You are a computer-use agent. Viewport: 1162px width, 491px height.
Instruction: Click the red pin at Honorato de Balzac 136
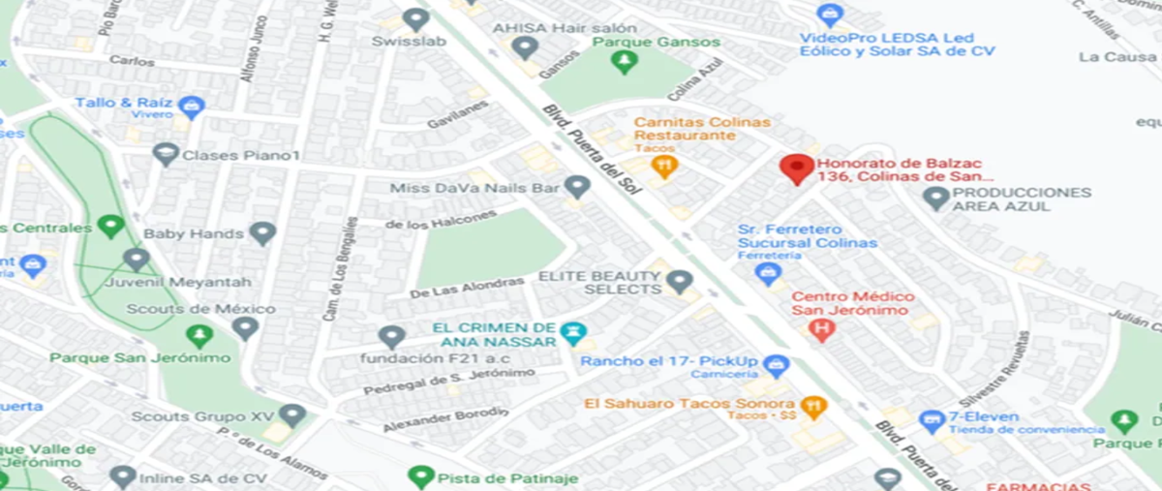pyautogui.click(x=797, y=169)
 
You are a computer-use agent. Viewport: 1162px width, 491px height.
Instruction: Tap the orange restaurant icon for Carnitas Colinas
pyautogui.click(x=663, y=166)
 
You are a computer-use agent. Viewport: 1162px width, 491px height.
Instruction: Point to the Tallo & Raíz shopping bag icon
pyautogui.click(x=192, y=105)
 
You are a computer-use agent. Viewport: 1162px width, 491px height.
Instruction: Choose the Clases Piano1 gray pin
pyautogui.click(x=167, y=154)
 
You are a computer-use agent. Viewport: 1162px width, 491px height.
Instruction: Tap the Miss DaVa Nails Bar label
pyautogui.click(x=474, y=187)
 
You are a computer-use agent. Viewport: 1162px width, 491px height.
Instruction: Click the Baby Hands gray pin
pyautogui.click(x=262, y=233)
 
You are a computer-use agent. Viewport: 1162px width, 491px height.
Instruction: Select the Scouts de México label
pyautogui.click(x=201, y=309)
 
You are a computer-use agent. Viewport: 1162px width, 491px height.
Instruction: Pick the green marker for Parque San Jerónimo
pyautogui.click(x=199, y=336)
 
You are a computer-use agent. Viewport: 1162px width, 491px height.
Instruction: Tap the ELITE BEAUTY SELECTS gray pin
pyautogui.click(x=680, y=282)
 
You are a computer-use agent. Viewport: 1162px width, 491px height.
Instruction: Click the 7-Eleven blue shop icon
pyautogui.click(x=932, y=420)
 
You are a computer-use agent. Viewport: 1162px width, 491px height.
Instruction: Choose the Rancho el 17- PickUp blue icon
pyautogui.click(x=776, y=365)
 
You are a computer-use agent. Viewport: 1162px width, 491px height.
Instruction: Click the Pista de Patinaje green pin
pyautogui.click(x=420, y=476)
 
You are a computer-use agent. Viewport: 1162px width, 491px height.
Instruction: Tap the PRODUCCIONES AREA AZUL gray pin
pyautogui.click(x=935, y=199)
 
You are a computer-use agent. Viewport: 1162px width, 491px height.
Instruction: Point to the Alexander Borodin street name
pyautogui.click(x=444, y=419)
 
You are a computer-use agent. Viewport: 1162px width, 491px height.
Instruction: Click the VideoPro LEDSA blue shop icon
pyautogui.click(x=830, y=15)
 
